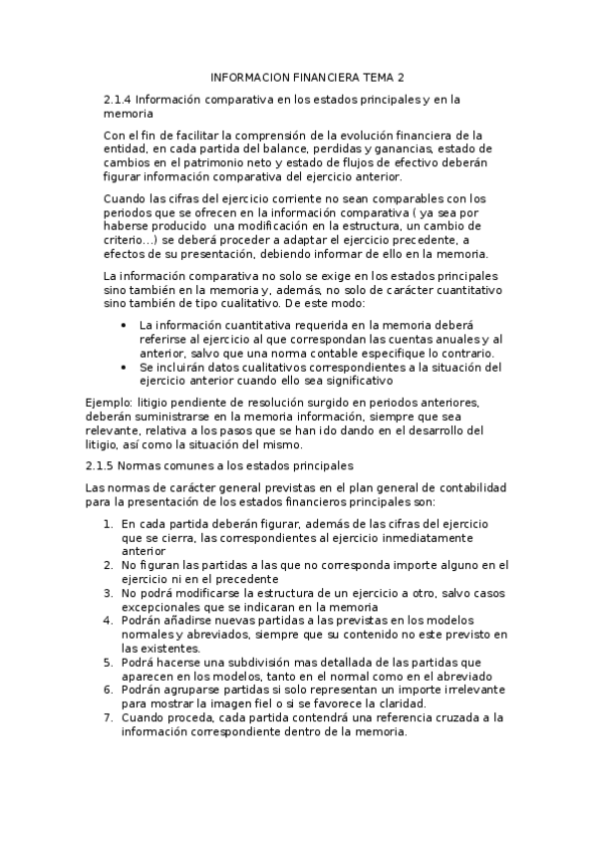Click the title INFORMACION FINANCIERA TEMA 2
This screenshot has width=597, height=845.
[308, 77]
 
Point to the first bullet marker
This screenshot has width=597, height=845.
[123, 326]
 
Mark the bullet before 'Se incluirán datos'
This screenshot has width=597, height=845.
[123, 368]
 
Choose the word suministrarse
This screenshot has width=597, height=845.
[165, 417]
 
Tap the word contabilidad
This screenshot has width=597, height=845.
[468, 487]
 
